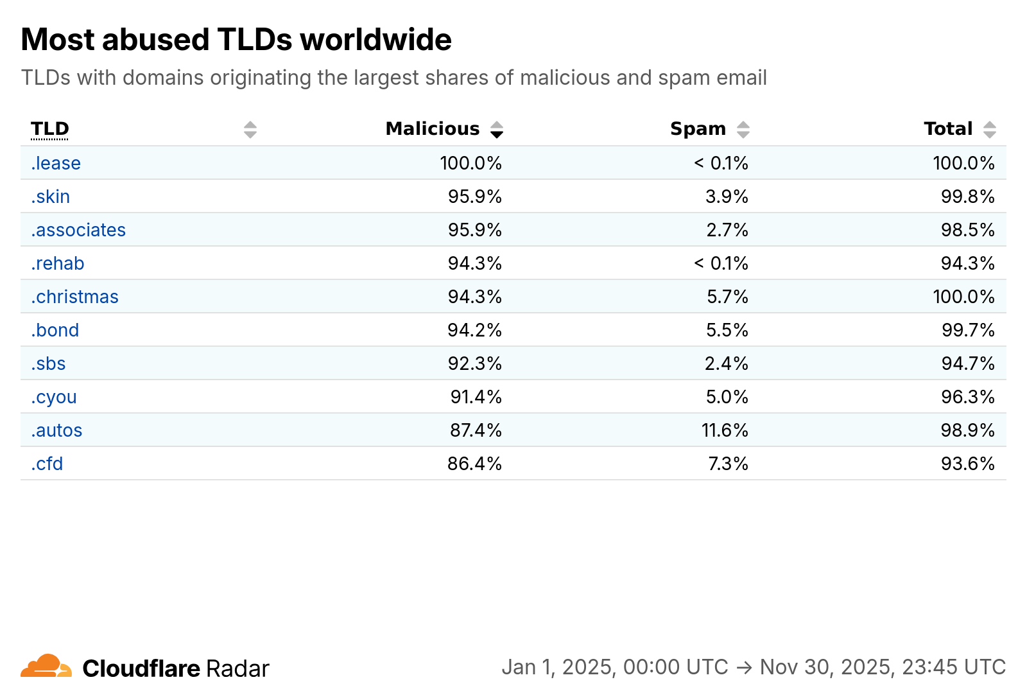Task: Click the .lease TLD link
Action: [x=55, y=163]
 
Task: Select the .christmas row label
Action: [x=74, y=297]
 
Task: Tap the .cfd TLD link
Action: [x=46, y=464]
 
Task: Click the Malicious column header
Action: [x=433, y=129]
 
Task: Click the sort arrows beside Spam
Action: [x=743, y=130]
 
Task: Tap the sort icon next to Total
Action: [x=990, y=130]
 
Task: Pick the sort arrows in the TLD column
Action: [x=250, y=130]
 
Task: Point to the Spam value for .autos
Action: [x=725, y=430]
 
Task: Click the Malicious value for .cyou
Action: [x=476, y=397]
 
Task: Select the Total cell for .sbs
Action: [x=968, y=363]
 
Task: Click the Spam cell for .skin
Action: [x=727, y=197]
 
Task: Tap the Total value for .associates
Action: [x=968, y=230]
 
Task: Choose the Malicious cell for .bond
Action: [x=474, y=330]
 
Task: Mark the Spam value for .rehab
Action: [x=721, y=263]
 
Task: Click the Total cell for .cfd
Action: [x=968, y=464]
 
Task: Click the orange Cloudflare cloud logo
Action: [x=46, y=665]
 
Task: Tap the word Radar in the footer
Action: [x=237, y=669]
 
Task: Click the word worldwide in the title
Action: [x=376, y=39]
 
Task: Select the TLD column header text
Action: [x=49, y=129]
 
